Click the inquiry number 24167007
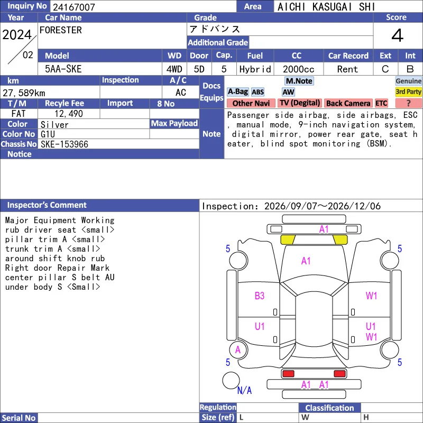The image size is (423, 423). point(74,7)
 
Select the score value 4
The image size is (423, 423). point(398,35)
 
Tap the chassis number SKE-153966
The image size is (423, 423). point(65,144)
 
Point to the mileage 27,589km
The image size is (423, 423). point(24,93)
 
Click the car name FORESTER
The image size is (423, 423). point(61,30)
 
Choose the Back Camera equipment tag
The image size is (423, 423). point(348,103)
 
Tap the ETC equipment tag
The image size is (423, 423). point(381,103)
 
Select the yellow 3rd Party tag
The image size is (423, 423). point(408,91)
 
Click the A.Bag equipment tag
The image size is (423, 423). point(237,91)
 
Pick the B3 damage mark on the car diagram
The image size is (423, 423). point(260,296)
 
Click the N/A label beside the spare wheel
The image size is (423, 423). point(244,390)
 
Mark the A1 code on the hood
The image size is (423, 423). point(306,261)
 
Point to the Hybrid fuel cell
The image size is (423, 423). point(255,69)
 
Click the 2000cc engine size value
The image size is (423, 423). point(299,69)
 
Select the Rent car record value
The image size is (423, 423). point(347,69)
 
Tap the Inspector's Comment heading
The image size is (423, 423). point(47,205)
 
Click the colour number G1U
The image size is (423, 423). point(48,134)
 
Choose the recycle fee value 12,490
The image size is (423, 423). point(69,114)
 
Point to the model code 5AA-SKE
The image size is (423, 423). point(63,69)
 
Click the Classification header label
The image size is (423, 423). point(329,408)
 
